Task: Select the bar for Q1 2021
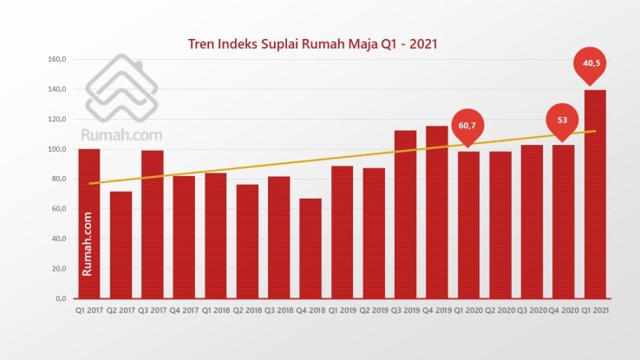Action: (595, 193)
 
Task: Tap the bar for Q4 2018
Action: (310, 248)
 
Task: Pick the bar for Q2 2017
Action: (121, 245)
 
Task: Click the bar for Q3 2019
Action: (405, 214)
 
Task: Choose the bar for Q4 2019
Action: (437, 212)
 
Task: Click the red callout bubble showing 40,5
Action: (594, 63)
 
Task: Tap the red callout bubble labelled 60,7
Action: (468, 127)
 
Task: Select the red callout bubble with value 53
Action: (562, 121)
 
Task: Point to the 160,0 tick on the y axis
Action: (56, 60)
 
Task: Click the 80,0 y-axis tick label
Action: (58, 180)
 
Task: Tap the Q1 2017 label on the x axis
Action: (89, 311)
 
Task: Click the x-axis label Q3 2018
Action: (278, 311)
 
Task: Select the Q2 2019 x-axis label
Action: (374, 311)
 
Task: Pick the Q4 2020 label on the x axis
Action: (564, 311)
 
